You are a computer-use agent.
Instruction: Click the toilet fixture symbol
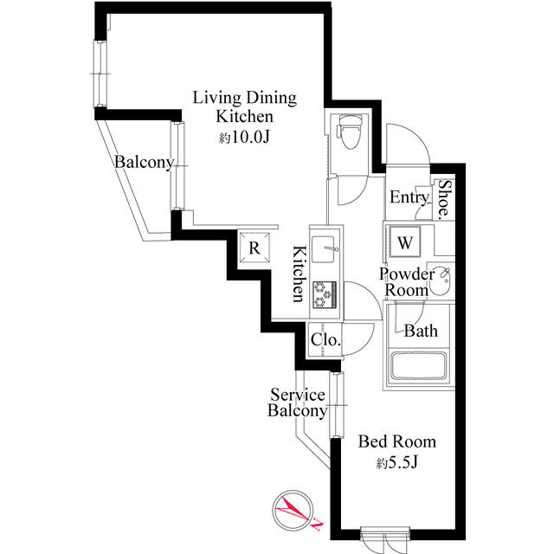click(x=350, y=132)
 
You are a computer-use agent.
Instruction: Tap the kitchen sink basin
click(x=323, y=249)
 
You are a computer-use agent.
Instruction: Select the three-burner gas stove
click(x=325, y=294)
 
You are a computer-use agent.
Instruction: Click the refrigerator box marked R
click(x=254, y=248)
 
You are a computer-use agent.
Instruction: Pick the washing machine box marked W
click(x=405, y=242)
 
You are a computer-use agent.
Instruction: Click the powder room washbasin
click(x=441, y=281)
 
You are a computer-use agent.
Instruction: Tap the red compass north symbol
click(x=293, y=510)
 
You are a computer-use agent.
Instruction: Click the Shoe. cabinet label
click(x=445, y=198)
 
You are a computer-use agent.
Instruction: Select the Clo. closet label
click(x=325, y=340)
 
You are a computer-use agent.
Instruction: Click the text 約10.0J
click(x=245, y=137)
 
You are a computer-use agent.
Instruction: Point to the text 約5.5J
click(x=397, y=462)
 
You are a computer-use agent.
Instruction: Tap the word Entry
click(x=409, y=197)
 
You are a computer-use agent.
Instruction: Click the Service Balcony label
click(x=297, y=403)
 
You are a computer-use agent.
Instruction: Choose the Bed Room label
click(x=397, y=441)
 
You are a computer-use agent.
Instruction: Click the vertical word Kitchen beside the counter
click(x=299, y=274)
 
